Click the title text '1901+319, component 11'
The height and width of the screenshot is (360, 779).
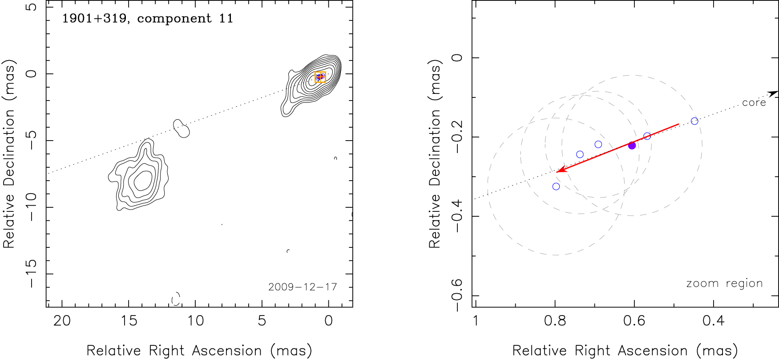147,19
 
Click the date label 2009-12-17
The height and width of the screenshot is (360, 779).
303,287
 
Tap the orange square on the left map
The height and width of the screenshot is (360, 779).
320,77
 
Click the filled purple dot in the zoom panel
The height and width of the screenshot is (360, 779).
632,146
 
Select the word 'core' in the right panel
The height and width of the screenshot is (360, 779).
754,103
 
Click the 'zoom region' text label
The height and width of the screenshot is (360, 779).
724,283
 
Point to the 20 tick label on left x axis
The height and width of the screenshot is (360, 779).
62,321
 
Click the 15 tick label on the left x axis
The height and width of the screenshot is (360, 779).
129,321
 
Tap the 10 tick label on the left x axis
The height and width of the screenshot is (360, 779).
195,321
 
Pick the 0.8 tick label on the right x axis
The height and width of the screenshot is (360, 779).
555,321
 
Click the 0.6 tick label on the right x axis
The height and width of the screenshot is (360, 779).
634,321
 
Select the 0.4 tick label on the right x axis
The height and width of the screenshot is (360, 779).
713,321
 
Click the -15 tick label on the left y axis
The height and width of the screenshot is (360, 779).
31,273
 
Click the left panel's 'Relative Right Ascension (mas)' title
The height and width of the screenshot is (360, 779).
199,351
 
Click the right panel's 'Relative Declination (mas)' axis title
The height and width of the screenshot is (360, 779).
435,154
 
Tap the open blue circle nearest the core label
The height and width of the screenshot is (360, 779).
694,121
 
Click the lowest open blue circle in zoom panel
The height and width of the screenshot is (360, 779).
556,186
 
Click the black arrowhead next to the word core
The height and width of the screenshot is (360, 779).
774,93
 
